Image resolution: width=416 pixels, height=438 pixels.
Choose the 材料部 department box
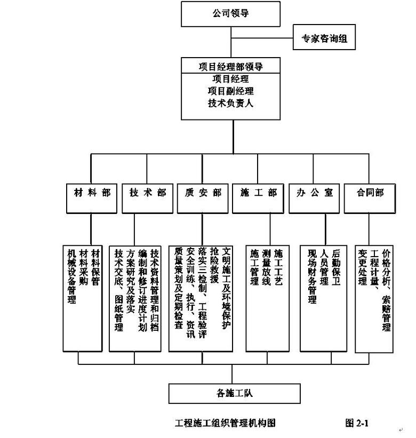pyautogui.click(x=91, y=193)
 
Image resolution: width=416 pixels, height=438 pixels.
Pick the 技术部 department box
pyautogui.click(x=147, y=193)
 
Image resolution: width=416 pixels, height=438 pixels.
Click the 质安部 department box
pyautogui.click(x=202, y=193)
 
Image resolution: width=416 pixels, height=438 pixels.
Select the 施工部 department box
pyautogui.click(x=259, y=193)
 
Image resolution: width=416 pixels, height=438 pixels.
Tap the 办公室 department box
pyautogui.click(x=314, y=193)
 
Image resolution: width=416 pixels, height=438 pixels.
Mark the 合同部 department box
pyautogui.click(x=370, y=193)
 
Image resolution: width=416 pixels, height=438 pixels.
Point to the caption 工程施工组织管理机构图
pyautogui.click(x=225, y=423)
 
